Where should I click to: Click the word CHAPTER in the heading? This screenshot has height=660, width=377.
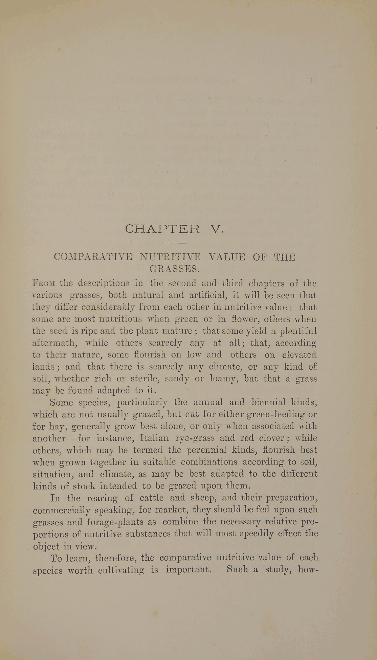click(x=162, y=229)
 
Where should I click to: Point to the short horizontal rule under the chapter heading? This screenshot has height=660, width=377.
click(x=175, y=243)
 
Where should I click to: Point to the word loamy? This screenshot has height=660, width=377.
click(x=223, y=379)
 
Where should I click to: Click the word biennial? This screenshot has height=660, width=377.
click(x=265, y=403)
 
